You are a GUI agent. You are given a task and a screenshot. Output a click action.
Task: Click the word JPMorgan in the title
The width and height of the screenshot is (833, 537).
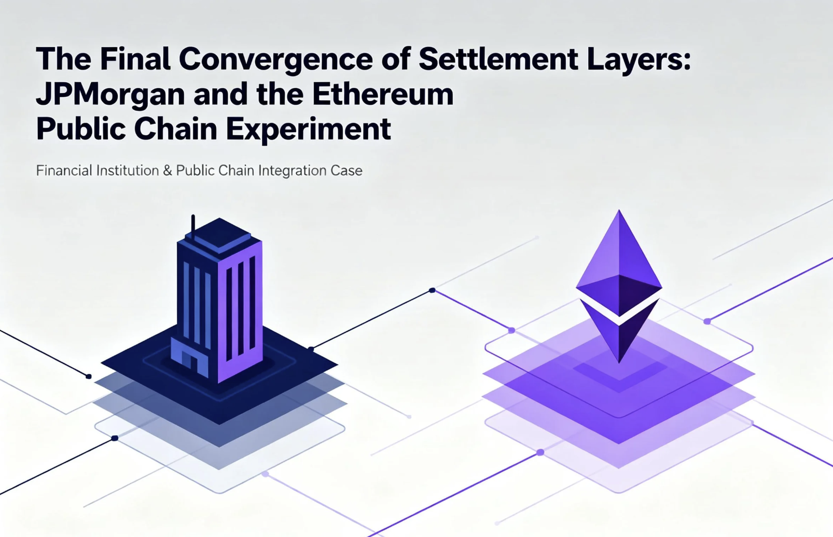pos(110,95)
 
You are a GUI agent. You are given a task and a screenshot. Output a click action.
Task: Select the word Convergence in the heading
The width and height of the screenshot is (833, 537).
pos(276,60)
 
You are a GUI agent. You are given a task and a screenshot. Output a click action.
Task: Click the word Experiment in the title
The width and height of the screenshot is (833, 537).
pos(308,130)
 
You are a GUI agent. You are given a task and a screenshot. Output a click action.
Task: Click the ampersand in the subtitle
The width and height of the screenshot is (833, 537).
pos(168,171)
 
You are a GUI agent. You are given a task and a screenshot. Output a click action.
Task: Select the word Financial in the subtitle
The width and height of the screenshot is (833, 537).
pos(64,171)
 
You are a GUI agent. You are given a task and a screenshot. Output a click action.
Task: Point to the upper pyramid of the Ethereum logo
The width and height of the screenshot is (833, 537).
pos(619,262)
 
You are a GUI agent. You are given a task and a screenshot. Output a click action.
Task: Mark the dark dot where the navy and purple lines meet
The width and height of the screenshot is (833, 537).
pos(432,290)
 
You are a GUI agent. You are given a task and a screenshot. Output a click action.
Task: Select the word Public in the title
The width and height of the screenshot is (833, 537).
pos(81,130)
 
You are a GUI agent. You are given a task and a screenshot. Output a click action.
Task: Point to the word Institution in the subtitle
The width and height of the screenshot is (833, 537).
pos(128,171)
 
